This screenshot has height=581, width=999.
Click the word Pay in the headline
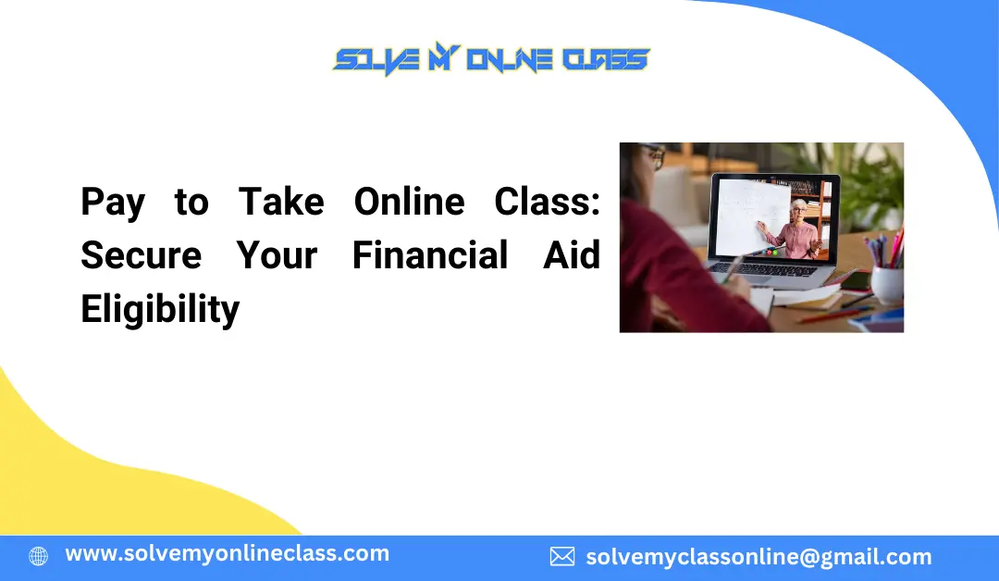113,203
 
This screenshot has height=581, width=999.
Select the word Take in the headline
281,203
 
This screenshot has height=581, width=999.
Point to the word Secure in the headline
141,255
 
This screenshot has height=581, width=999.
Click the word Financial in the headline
430,255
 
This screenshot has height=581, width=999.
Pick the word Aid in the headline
571,255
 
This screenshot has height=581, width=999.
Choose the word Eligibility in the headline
160,309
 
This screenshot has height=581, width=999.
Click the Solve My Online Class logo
490,61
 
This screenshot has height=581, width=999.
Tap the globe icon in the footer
38,556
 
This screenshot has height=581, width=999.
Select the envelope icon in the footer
561,556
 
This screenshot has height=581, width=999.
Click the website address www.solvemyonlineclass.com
227,554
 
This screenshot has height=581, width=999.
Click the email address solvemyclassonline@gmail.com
758,557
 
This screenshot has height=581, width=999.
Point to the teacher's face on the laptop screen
797,210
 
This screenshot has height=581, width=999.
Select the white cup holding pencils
887,283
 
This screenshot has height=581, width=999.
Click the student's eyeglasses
654,157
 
